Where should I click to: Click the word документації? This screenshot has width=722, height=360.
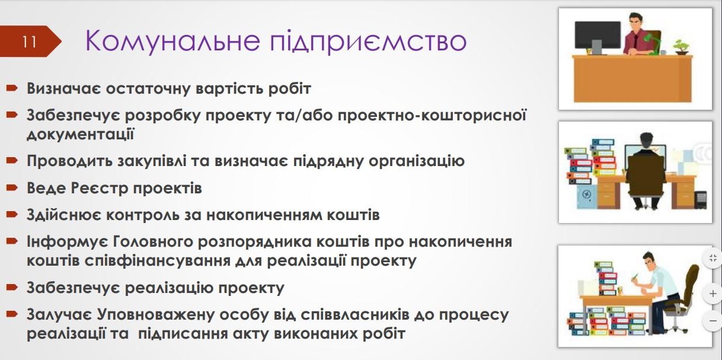point(80,133)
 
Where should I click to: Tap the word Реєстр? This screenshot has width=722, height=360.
point(97,188)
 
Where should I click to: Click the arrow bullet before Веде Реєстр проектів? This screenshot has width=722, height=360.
point(12,188)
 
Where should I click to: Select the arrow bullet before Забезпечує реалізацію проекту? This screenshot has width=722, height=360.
point(12,288)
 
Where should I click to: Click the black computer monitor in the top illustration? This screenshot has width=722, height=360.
point(598,35)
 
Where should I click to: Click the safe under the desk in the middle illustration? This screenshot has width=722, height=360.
point(586,193)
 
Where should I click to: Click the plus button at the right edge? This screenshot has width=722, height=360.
point(712,294)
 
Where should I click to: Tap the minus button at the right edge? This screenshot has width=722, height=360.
point(712,321)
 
